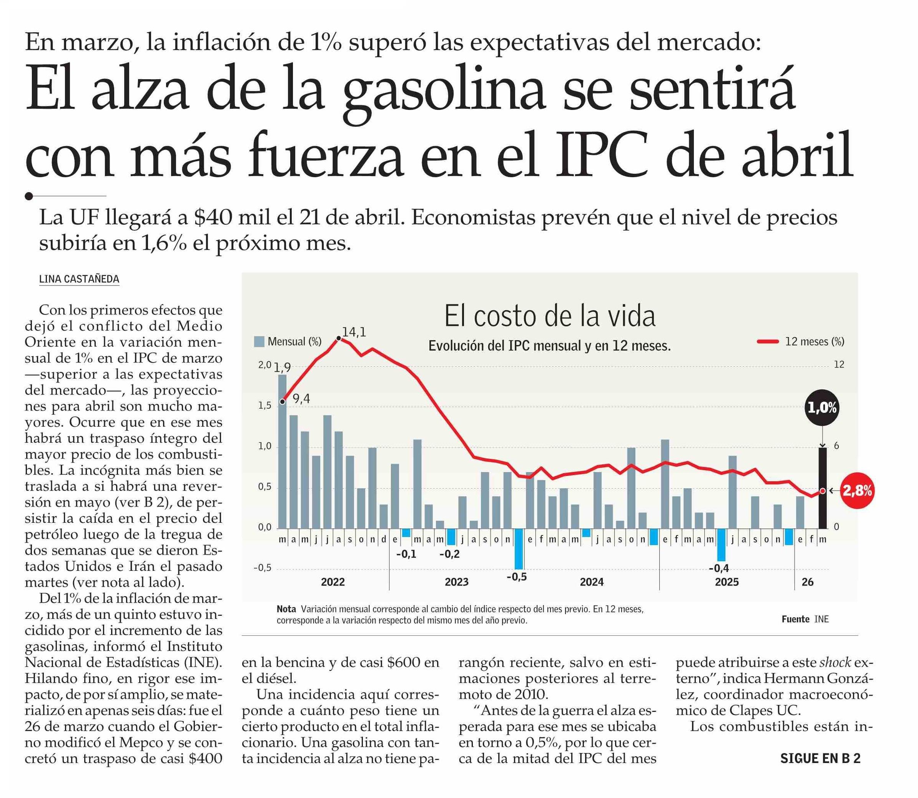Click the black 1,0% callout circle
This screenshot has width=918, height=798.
pyautogui.click(x=822, y=407)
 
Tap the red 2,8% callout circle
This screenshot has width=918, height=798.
pyautogui.click(x=856, y=491)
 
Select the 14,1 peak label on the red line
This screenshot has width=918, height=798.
pyautogui.click(x=354, y=332)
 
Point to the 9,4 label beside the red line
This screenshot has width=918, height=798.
pyautogui.click(x=301, y=399)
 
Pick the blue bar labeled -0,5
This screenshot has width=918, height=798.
pyautogui.click(x=519, y=549)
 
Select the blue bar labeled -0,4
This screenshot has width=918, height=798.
pyautogui.click(x=721, y=545)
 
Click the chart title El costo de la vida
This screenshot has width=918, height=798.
pyautogui.click(x=550, y=316)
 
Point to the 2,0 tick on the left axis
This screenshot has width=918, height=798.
pyautogui.click(x=264, y=365)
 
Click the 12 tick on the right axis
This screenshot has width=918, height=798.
pyautogui.click(x=839, y=365)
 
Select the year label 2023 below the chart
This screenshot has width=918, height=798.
pyautogui.click(x=457, y=582)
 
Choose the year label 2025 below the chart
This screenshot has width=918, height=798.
pyautogui.click(x=727, y=582)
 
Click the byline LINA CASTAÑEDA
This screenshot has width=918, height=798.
pyautogui.click(x=79, y=279)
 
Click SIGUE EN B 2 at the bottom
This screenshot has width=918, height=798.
pyautogui.click(x=820, y=758)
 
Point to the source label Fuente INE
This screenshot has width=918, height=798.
pyautogui.click(x=805, y=619)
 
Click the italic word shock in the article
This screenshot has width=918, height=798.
pyautogui.click(x=835, y=663)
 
